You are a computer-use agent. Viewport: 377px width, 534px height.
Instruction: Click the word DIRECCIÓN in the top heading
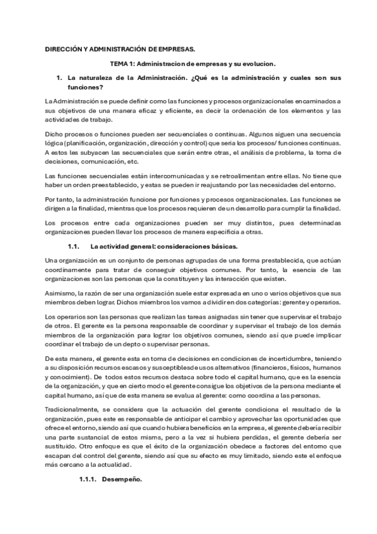(x=65, y=48)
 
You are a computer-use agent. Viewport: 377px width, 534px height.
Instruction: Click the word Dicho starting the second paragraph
(x=55, y=134)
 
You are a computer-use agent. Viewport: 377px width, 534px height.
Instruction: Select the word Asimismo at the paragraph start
(x=60, y=293)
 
